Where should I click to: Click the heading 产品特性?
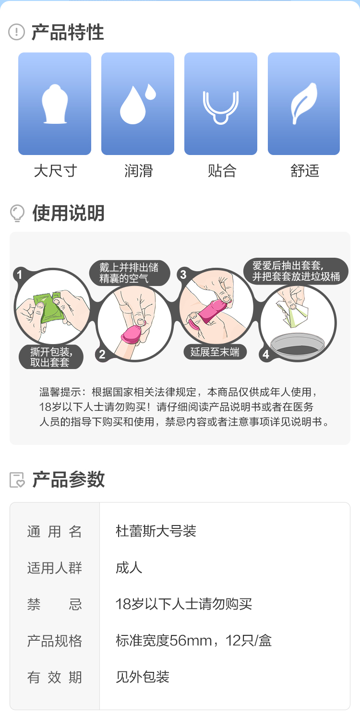click(x=68, y=32)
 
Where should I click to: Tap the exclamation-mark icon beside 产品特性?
click(x=16, y=32)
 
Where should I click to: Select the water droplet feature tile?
click(x=138, y=104)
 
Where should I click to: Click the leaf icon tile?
click(x=304, y=104)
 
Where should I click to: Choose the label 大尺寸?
click(x=55, y=170)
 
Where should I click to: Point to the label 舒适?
click(x=305, y=170)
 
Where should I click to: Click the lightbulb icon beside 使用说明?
click(x=17, y=213)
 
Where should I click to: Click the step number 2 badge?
click(x=102, y=354)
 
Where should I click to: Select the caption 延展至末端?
click(x=215, y=352)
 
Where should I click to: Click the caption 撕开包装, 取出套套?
click(x=51, y=357)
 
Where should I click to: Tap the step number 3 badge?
click(x=183, y=275)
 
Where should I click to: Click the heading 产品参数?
click(x=69, y=479)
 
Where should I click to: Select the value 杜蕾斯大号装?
click(x=156, y=531)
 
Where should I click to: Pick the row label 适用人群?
click(x=54, y=568)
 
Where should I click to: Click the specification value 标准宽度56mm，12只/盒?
click(x=194, y=641)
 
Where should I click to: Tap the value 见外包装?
click(x=143, y=677)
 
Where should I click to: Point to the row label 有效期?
click(x=54, y=677)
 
